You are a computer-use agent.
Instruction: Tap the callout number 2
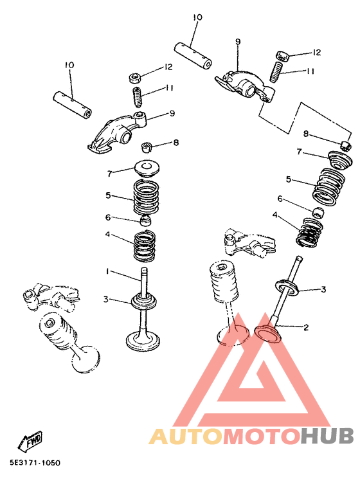click(x=306, y=327)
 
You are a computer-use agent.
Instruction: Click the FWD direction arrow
click(x=30, y=442)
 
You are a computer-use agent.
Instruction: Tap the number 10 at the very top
click(x=197, y=17)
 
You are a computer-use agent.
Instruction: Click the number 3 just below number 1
click(x=105, y=299)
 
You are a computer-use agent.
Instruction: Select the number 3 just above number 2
click(x=323, y=289)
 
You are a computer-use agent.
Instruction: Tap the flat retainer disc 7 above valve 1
click(x=147, y=170)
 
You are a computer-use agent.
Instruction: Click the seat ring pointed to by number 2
click(x=269, y=333)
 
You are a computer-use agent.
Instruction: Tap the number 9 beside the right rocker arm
click(x=237, y=42)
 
